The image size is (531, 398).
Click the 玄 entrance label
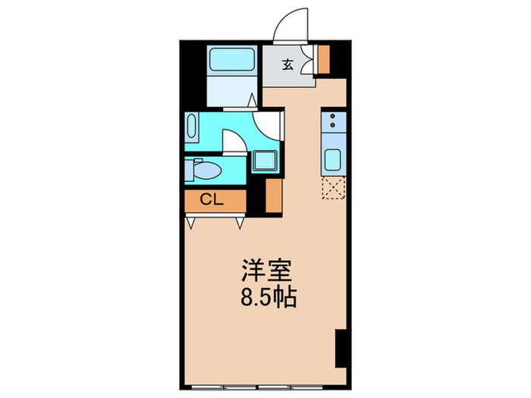[288, 64]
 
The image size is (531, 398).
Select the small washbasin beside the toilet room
[189, 170]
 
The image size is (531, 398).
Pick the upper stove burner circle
[333, 118]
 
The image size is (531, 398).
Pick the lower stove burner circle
[333, 128]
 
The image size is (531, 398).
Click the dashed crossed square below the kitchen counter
[333, 188]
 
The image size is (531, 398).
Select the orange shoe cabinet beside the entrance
[325, 58]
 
